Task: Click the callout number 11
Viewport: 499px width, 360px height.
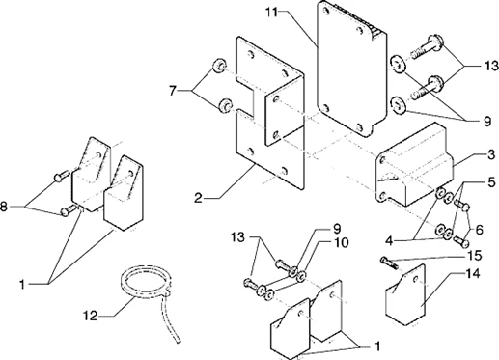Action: coord(271,13)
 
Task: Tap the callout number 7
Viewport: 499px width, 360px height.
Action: coord(173,92)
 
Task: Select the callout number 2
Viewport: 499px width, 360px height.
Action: coord(198,198)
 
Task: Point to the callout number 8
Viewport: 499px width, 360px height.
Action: coord(3,207)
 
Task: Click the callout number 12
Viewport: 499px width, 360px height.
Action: coord(91,316)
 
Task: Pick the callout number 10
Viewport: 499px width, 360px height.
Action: coord(341,242)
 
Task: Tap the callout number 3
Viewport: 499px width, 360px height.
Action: coord(491,155)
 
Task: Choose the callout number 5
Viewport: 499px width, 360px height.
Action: coord(491,182)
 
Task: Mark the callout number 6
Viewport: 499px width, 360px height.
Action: coord(480,230)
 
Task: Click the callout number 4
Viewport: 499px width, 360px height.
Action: coord(389,241)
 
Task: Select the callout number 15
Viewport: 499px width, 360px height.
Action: coord(475,256)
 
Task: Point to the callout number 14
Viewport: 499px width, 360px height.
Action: coord(473,274)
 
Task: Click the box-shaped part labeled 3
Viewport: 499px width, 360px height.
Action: coord(415,164)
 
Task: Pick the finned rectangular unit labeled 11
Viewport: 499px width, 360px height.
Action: coord(351,69)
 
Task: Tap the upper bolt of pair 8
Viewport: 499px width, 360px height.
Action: coord(61,176)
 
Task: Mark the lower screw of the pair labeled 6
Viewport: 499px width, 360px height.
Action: coord(461,241)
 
